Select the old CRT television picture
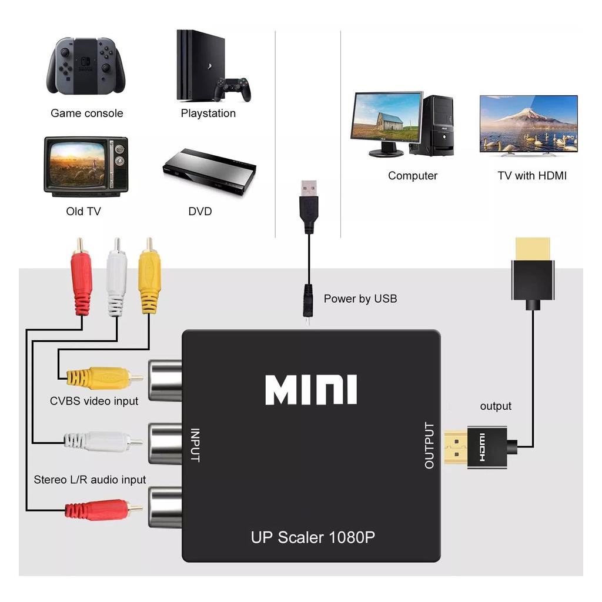pyautogui.click(x=85, y=167)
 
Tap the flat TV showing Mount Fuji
pyautogui.click(x=529, y=123)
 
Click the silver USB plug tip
pyautogui.click(x=308, y=189)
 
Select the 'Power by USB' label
pyautogui.click(x=360, y=299)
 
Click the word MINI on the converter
pyautogui.click(x=311, y=390)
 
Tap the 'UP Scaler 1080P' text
pyautogui.click(x=313, y=537)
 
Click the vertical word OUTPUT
pyautogui.click(x=429, y=446)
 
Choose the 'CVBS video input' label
pyautogui.click(x=94, y=401)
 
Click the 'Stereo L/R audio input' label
pyautogui.click(x=89, y=480)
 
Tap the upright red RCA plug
pyautogui.click(x=81, y=276)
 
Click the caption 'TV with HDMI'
pyautogui.click(x=532, y=175)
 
